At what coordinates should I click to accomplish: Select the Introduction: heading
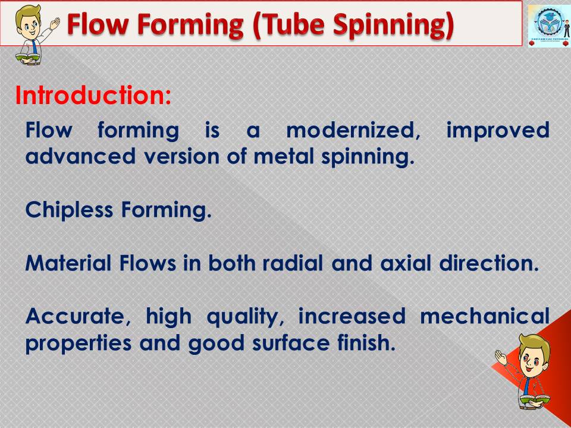pyautogui.click(x=93, y=96)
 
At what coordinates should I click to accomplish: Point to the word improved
pyautogui.click(x=497, y=131)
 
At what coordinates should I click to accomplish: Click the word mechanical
pyautogui.click(x=484, y=317)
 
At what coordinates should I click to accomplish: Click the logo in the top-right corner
pyautogui.click(x=548, y=26)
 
